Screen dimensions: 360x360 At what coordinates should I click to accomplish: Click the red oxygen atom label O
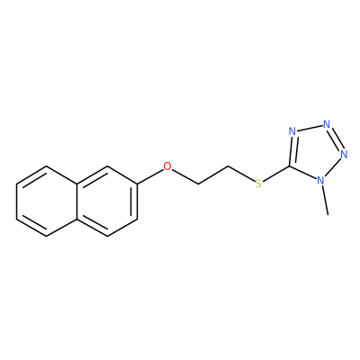click(167, 166)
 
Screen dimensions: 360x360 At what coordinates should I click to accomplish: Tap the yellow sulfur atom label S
click(258, 184)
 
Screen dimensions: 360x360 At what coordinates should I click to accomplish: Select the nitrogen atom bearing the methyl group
click(320, 180)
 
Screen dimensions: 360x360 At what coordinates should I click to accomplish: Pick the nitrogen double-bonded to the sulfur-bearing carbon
click(292, 131)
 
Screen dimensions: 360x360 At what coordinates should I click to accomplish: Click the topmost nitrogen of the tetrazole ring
click(327, 124)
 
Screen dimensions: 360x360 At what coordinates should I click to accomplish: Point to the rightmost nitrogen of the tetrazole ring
click(344, 154)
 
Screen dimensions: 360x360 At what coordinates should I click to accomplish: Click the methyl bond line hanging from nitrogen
click(325, 201)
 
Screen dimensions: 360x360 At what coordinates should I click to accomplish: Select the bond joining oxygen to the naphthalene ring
click(150, 176)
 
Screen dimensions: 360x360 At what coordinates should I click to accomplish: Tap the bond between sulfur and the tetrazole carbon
click(276, 174)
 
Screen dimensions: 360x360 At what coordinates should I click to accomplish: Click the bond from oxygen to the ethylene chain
click(185, 176)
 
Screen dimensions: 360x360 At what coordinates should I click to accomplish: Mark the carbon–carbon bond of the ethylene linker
click(213, 175)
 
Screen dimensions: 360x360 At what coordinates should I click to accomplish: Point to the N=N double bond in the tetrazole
click(336, 139)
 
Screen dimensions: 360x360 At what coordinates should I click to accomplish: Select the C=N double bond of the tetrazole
click(292, 149)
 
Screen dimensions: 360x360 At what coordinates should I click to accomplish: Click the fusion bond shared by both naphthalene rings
click(76, 201)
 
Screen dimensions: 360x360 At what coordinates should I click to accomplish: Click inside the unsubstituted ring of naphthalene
click(47, 201)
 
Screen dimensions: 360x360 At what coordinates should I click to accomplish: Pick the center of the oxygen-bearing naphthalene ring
click(107, 201)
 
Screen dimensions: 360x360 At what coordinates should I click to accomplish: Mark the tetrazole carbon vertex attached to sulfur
click(289, 166)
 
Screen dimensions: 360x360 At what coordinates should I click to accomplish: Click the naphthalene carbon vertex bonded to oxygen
click(138, 184)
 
